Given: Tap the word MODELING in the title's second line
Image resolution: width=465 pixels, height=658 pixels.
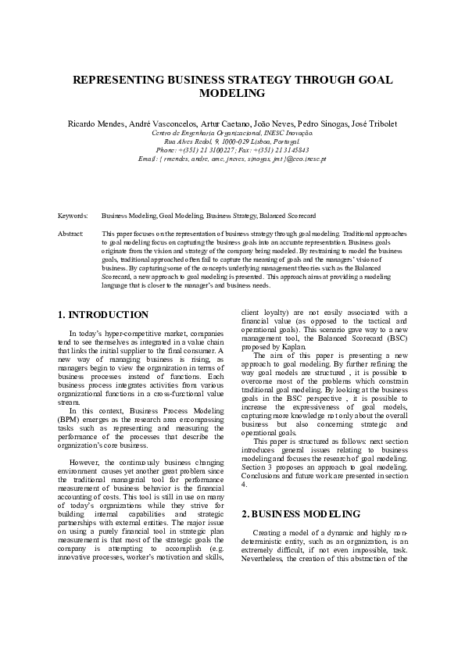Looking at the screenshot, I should tap(232, 94).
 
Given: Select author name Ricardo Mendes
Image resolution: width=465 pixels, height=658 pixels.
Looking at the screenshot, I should tap(93, 125).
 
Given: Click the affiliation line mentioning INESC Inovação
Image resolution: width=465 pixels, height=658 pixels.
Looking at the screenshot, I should tap(232, 134).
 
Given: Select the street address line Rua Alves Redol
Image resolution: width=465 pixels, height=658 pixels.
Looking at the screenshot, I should tap(232, 141).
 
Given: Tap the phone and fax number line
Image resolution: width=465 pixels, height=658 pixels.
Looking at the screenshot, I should tap(232, 150).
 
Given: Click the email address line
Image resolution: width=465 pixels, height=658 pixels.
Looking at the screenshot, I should tap(232, 159).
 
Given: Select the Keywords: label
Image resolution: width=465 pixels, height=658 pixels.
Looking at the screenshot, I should tap(73, 215).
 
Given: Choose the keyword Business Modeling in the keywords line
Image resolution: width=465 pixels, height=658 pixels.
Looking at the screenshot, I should tap(130, 215).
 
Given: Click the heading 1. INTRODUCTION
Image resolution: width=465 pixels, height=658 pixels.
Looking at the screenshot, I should tap(103, 315).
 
